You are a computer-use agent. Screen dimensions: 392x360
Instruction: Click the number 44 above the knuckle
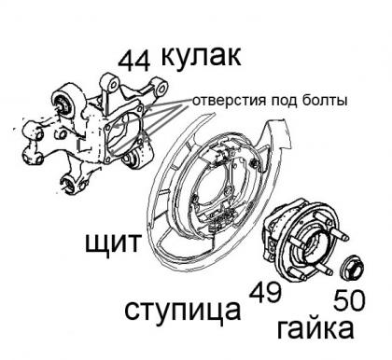pos(134,61)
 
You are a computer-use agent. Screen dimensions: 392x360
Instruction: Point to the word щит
pos(113,243)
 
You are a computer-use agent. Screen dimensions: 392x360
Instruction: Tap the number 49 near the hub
pos(265,293)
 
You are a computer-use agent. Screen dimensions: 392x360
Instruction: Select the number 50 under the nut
pos(349,301)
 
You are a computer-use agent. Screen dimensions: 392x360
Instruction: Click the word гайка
pos(315,328)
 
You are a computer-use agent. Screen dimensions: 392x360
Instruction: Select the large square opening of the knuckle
pos(124,133)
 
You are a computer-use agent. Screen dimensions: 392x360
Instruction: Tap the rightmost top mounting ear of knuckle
pos(161,87)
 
